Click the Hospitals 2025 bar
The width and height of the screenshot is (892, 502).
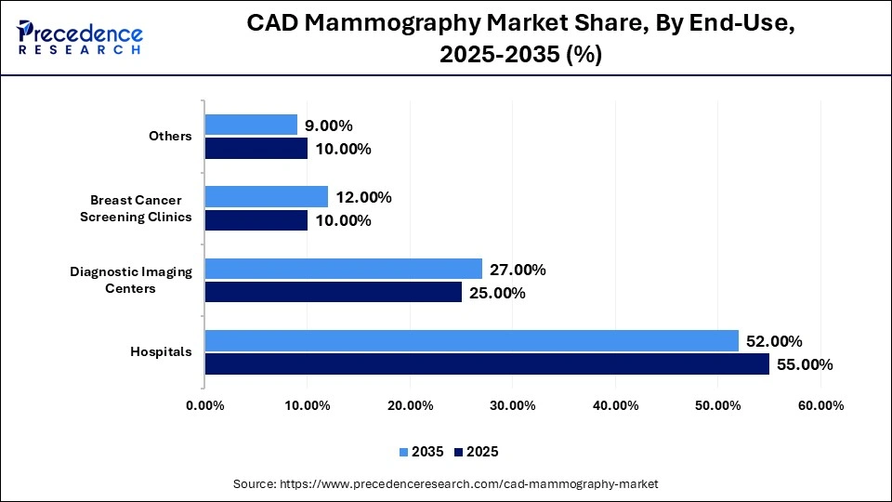click(487, 364)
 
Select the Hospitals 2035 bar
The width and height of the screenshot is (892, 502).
click(472, 341)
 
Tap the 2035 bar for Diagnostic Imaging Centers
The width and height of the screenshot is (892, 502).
click(344, 270)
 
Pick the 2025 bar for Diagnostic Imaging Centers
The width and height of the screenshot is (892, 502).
click(334, 293)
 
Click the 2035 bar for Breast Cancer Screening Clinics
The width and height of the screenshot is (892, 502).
click(267, 197)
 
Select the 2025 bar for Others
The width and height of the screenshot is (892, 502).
click(256, 149)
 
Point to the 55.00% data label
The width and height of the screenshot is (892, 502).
click(805, 364)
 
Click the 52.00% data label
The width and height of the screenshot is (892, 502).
click(774, 341)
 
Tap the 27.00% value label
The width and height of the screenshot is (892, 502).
click(518, 270)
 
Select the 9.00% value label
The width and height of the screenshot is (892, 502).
click(329, 125)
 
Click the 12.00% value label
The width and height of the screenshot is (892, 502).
click(363, 197)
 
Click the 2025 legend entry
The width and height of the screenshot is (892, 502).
click(477, 452)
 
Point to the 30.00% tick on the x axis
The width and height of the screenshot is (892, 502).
click(513, 405)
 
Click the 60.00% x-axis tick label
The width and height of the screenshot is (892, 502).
click(820, 405)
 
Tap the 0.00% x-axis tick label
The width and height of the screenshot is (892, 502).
click(205, 405)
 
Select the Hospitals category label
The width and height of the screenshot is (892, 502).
click(162, 352)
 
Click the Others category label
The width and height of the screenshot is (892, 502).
click(170, 137)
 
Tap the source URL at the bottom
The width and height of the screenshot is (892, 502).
click(445, 483)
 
